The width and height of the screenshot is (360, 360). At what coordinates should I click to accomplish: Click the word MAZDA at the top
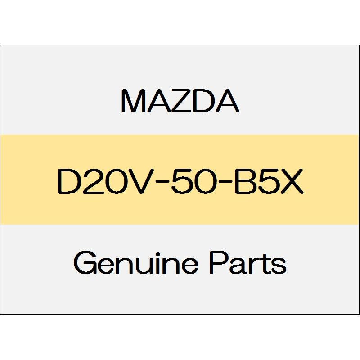point(180,101)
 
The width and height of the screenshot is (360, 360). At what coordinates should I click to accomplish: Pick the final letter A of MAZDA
point(227,101)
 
